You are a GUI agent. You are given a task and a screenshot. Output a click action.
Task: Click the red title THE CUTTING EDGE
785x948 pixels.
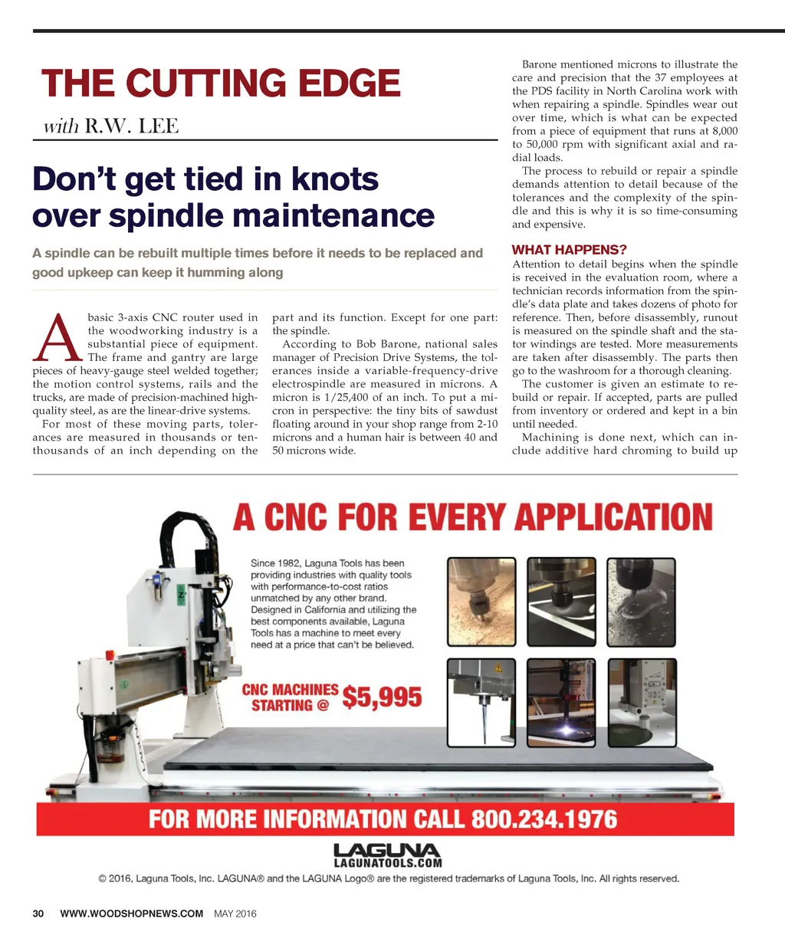(221, 84)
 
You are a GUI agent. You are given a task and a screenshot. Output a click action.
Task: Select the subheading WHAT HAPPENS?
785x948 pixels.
(569, 250)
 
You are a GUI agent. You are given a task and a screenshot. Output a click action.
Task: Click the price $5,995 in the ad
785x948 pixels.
(382, 697)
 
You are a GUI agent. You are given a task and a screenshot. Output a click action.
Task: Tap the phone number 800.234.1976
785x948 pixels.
(544, 819)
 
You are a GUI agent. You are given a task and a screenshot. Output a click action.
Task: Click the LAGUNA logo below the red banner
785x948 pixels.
(387, 850)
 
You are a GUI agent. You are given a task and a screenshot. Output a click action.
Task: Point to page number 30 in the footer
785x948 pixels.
(38, 914)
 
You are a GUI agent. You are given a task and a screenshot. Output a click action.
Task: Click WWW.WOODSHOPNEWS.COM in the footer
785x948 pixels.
(131, 914)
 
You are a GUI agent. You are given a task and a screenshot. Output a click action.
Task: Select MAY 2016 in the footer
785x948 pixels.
(235, 914)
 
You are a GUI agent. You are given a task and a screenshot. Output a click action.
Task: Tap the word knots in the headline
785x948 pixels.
(334, 179)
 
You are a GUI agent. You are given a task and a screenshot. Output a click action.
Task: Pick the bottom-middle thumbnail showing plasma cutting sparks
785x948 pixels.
(562, 703)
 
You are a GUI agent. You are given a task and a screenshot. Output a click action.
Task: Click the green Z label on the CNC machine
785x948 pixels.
(181, 594)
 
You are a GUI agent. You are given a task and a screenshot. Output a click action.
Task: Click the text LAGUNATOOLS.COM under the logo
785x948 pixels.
(388, 862)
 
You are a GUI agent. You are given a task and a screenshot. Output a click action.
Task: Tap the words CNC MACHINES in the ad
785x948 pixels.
(290, 690)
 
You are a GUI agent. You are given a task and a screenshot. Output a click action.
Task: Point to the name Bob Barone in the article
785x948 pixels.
(382, 344)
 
